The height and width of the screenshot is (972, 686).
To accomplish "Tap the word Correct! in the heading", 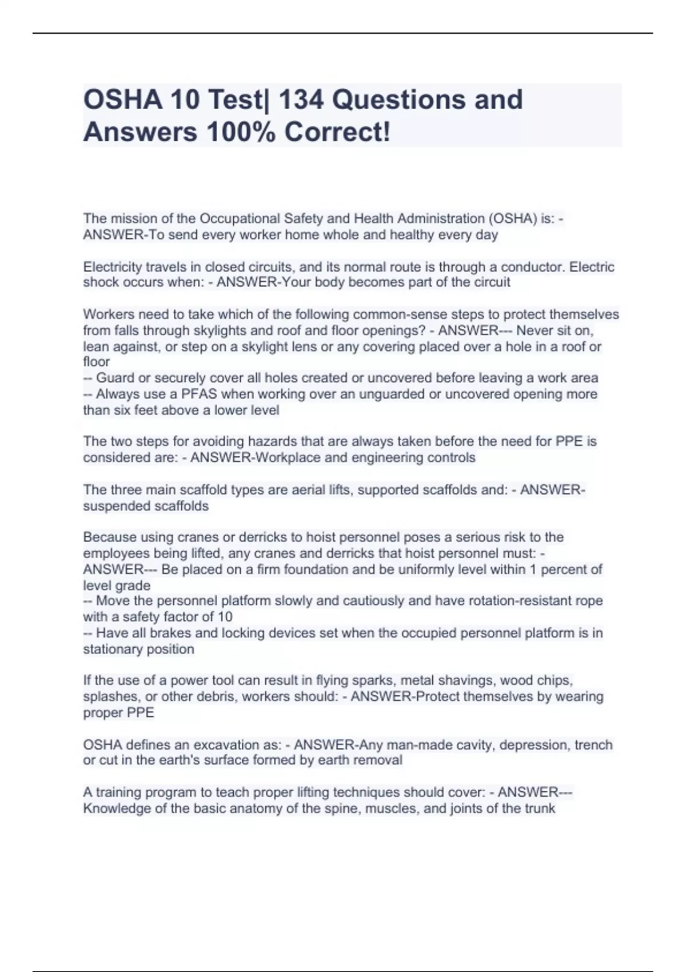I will click(337, 132).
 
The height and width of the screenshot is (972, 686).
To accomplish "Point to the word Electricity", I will click(113, 267).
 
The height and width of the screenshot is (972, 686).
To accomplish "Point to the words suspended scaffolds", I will click(146, 506).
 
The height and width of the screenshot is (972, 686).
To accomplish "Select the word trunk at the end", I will click(540, 808).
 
